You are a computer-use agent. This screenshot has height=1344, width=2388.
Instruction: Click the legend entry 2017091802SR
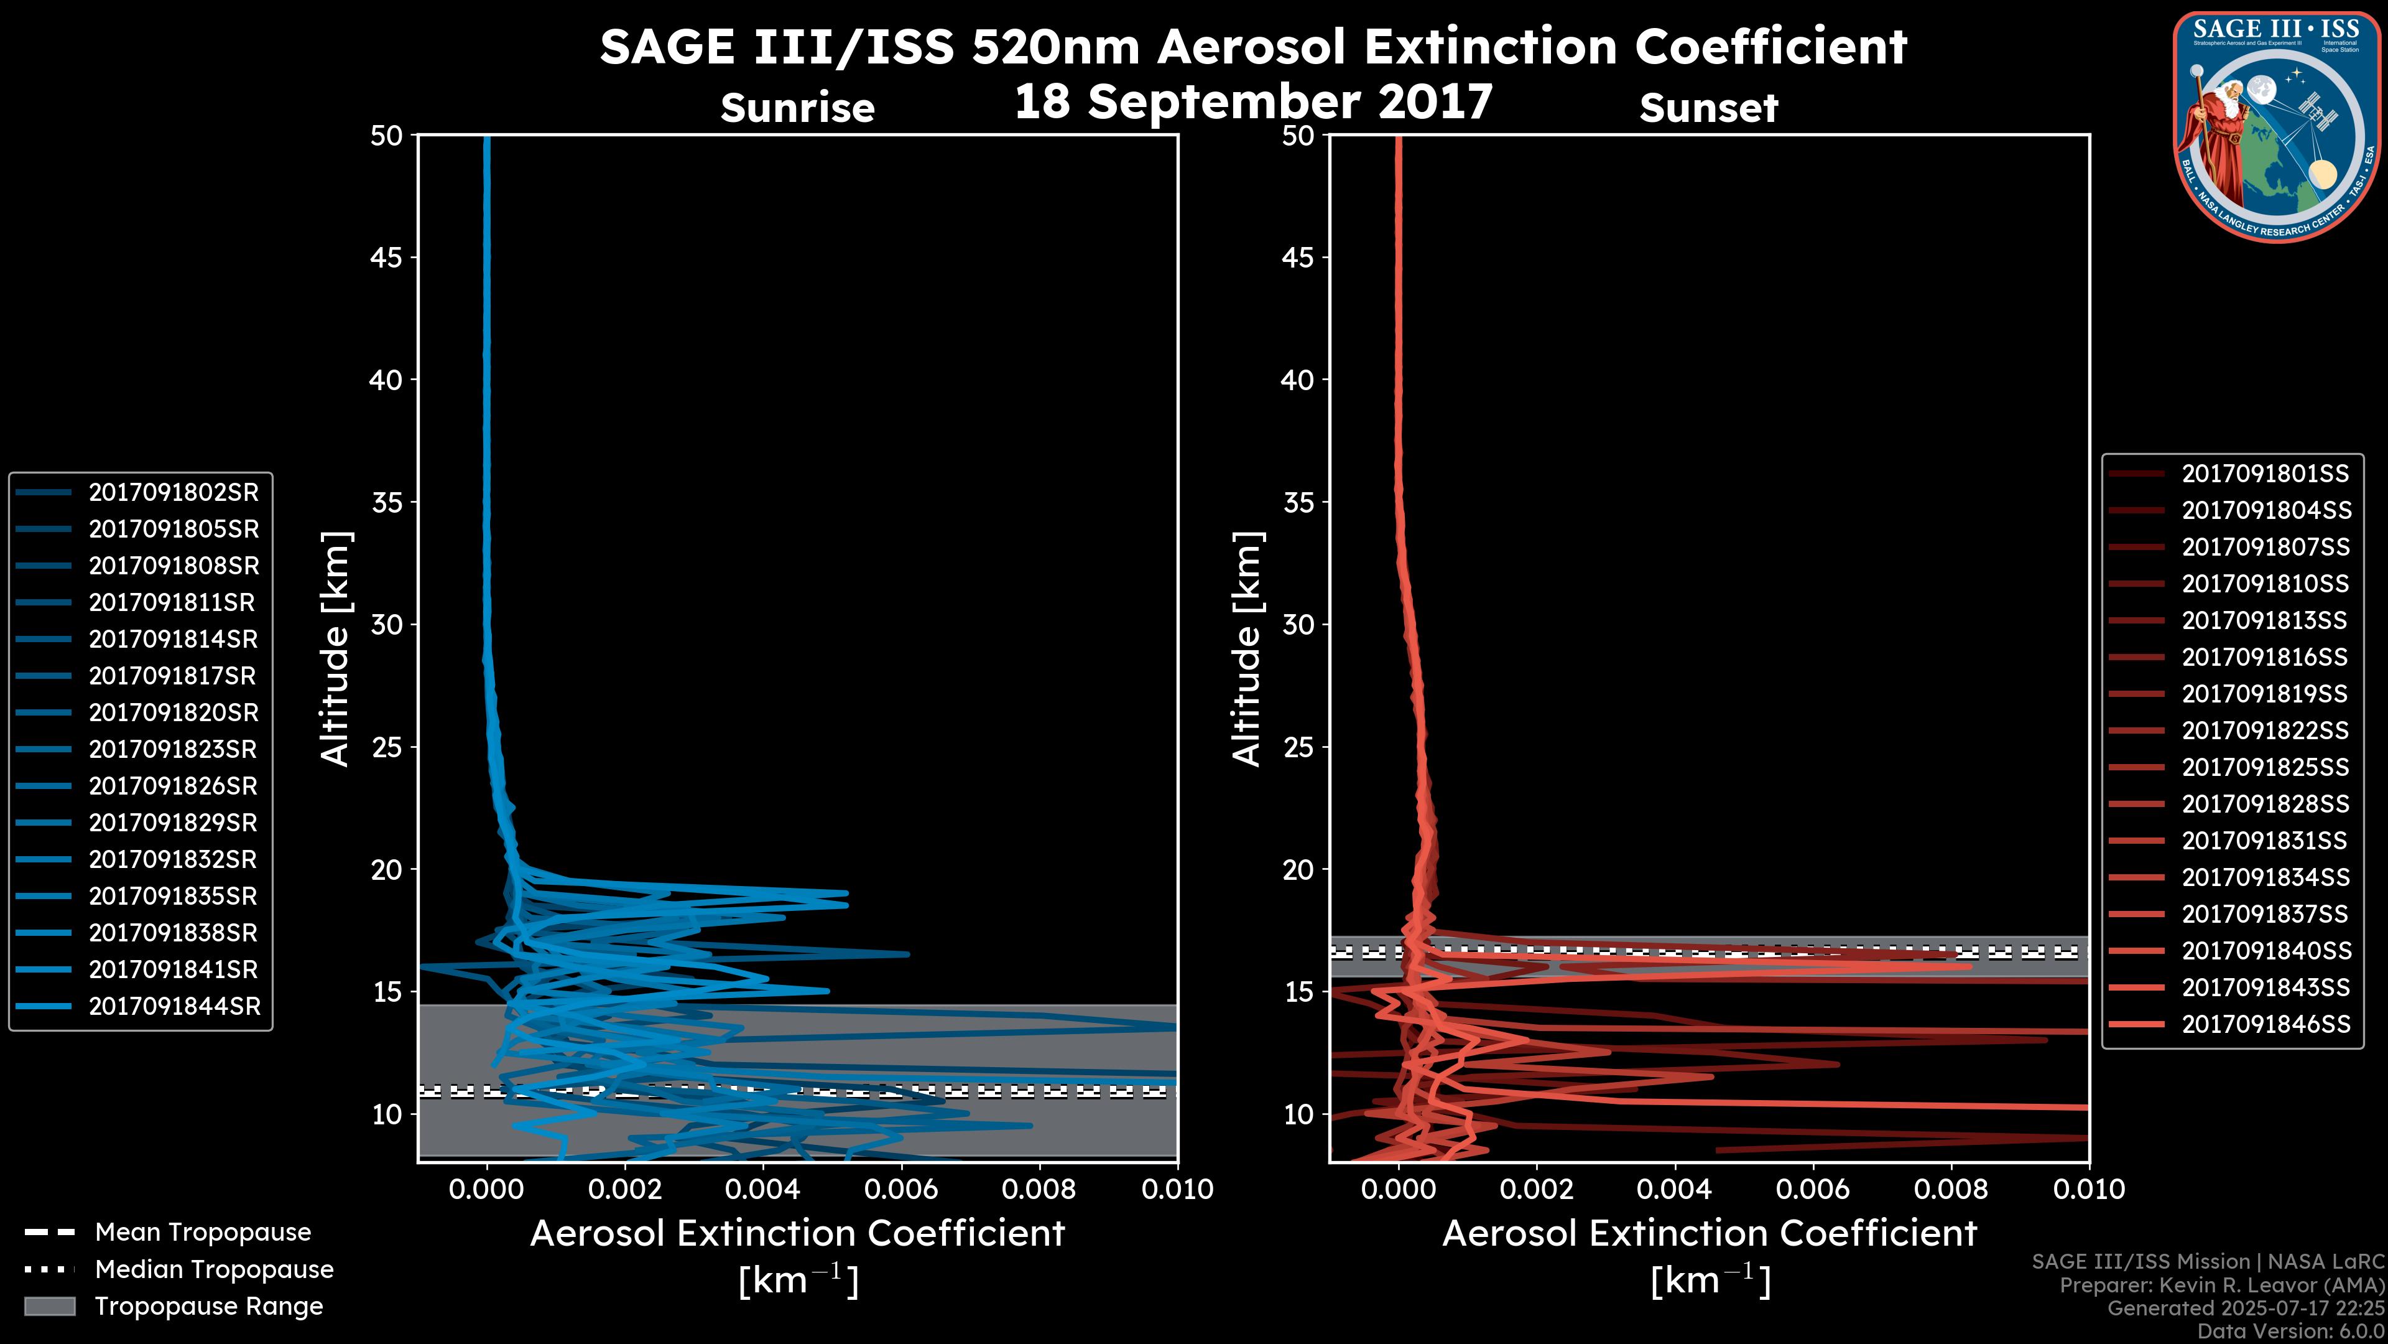(x=174, y=493)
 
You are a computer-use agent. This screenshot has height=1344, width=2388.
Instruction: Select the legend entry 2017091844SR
(x=174, y=1006)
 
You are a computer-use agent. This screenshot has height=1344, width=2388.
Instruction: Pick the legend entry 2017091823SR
(x=174, y=749)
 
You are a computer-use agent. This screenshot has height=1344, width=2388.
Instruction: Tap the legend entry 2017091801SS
(x=2265, y=474)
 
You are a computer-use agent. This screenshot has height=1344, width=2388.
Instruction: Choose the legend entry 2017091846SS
(x=2265, y=1024)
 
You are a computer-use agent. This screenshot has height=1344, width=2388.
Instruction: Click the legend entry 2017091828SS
(x=2265, y=804)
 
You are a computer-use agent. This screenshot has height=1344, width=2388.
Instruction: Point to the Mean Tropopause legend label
(x=202, y=1233)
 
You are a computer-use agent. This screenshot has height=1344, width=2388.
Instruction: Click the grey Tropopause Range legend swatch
(x=50, y=1306)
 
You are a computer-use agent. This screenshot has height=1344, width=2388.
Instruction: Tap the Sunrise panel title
(x=797, y=108)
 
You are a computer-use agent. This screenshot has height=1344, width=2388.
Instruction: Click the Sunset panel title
(x=1708, y=108)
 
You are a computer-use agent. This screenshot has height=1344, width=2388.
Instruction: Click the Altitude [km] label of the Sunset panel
(x=1247, y=649)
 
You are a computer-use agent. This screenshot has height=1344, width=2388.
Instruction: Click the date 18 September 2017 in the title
(x=1253, y=102)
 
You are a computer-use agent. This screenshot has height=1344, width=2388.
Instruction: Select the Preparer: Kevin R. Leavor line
(x=2221, y=1286)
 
